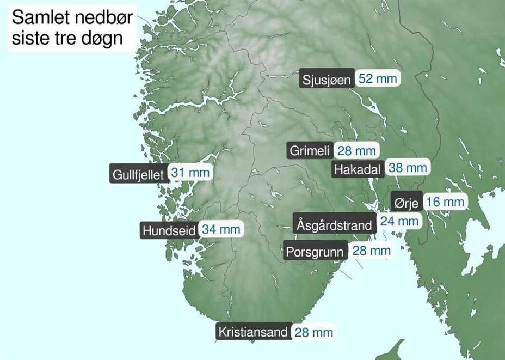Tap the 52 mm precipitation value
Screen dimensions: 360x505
coord(378,78)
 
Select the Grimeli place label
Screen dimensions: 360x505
coord(310,151)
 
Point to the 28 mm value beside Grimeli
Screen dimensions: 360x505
coord(356,151)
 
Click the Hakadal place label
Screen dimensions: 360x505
coord(357,169)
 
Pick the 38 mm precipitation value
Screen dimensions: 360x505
coord(408,168)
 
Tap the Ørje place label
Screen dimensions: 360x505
coord(406,204)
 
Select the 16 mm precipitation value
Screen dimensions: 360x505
coord(445,203)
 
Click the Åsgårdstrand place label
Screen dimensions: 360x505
coord(334,224)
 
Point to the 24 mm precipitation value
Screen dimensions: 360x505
coord(399,221)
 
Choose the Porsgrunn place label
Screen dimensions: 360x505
coord(315,252)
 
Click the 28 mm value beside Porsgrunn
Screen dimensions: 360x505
coord(372,251)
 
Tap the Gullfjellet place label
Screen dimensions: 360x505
coord(138,175)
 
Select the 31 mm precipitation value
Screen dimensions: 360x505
coord(190,173)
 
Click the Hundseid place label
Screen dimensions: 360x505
coord(169,230)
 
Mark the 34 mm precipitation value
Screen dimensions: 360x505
coord(221,229)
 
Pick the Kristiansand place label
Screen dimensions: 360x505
coord(253,332)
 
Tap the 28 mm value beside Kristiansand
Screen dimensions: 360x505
coord(313,332)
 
